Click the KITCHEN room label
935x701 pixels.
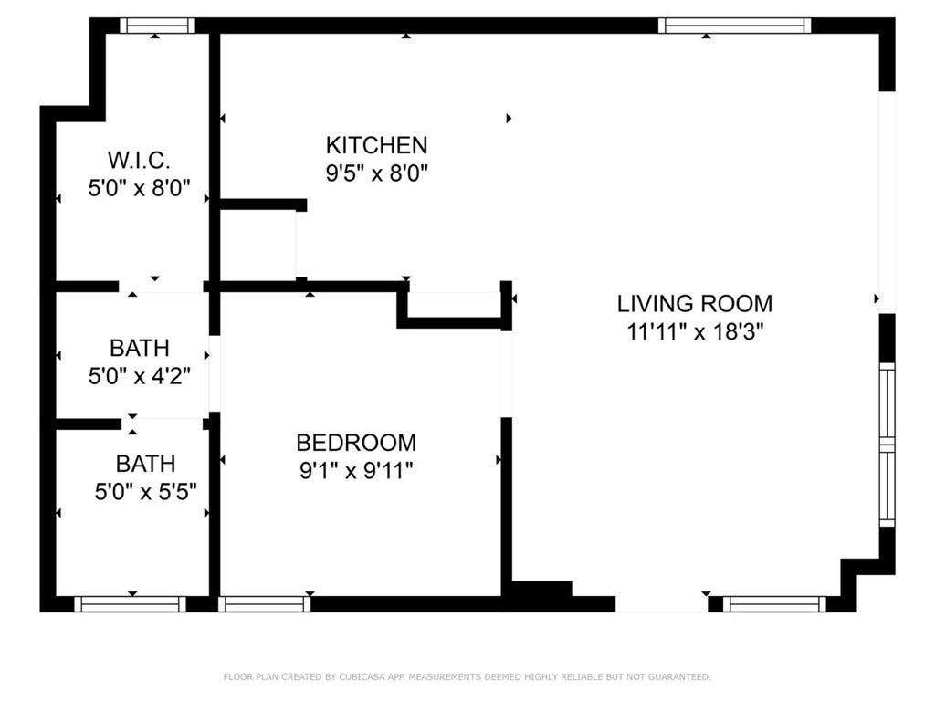click(376, 145)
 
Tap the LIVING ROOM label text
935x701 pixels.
click(694, 304)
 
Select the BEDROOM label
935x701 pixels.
click(356, 443)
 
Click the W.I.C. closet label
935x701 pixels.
click(139, 161)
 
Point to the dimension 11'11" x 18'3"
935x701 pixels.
click(694, 331)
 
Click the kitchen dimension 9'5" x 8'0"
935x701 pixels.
click(376, 173)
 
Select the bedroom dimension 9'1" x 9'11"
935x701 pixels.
click(356, 471)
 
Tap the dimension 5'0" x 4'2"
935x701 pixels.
click(139, 375)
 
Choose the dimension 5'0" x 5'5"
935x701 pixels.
click(145, 492)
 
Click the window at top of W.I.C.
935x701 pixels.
click(157, 26)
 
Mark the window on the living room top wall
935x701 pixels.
click(734, 26)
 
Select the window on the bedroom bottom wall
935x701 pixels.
click(265, 603)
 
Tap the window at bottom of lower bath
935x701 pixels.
click(130, 603)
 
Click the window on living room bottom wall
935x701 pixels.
click(774, 603)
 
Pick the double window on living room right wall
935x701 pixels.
click(887, 445)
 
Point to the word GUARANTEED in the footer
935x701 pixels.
click(676, 677)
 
